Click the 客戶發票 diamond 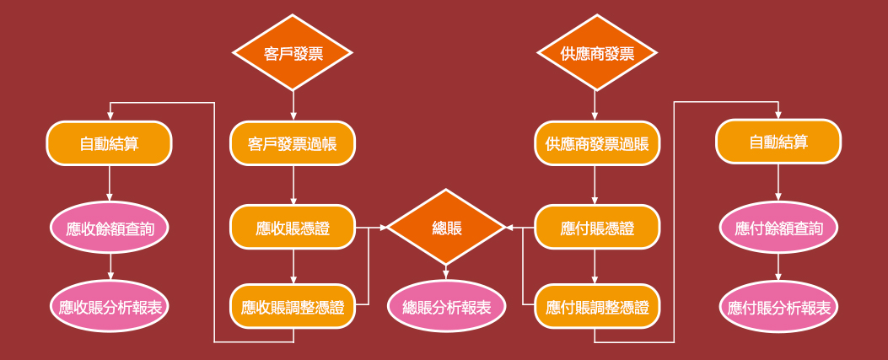pyautogui.click(x=293, y=54)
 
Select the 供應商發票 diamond pyautogui.click(x=596, y=54)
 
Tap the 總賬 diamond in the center pyautogui.click(x=446, y=228)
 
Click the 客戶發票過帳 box pyautogui.click(x=293, y=143)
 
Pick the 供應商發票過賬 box pyautogui.click(x=596, y=143)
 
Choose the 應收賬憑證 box pyautogui.click(x=293, y=228)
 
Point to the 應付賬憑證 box pyautogui.click(x=596, y=228)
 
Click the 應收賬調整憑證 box pyautogui.click(x=293, y=307)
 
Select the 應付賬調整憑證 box pyautogui.click(x=596, y=307)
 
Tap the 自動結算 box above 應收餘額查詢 pyautogui.click(x=109, y=143)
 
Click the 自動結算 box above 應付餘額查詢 pyautogui.click(x=778, y=142)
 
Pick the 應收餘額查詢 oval pyautogui.click(x=109, y=228)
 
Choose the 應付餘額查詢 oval pyautogui.click(x=778, y=228)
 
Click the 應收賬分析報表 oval pyautogui.click(x=109, y=307)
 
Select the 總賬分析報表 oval pyautogui.click(x=446, y=307)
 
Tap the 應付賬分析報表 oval pyautogui.click(x=778, y=307)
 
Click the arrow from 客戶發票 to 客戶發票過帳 pyautogui.click(x=293, y=106)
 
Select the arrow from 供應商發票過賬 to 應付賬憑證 pyautogui.click(x=596, y=185)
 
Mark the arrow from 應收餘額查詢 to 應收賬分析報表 pyautogui.click(x=109, y=266)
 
